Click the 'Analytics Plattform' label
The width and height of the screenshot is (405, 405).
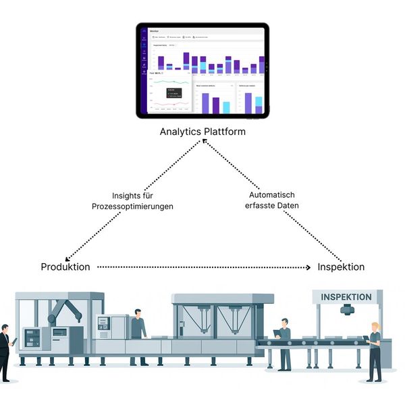[x=202, y=132]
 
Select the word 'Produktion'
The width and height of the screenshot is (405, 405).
[x=65, y=267]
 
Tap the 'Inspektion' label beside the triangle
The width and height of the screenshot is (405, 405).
[x=341, y=267]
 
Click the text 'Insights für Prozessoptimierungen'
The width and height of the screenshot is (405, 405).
[x=132, y=201]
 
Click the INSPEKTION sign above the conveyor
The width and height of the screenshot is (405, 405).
[x=346, y=297]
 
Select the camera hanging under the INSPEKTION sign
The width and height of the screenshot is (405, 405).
[x=347, y=310]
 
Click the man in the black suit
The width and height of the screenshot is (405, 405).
[x=4, y=351]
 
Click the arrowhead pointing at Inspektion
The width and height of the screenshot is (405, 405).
[x=312, y=267]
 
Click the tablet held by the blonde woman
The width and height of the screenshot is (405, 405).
[x=366, y=337]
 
